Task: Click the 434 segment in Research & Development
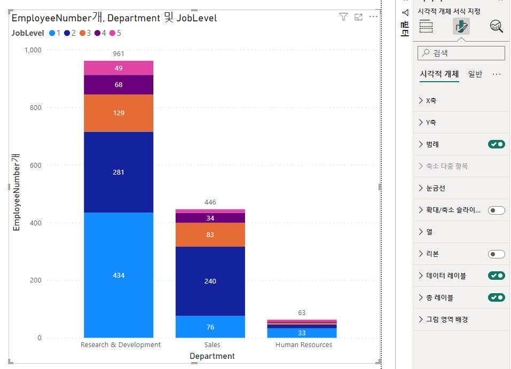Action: click(119, 275)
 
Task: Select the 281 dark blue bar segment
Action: click(119, 172)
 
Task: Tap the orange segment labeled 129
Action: click(119, 113)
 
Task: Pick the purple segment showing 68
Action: click(119, 84)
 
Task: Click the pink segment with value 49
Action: click(119, 68)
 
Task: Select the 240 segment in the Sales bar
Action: click(210, 281)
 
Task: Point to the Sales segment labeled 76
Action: click(210, 327)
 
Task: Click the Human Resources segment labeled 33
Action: click(302, 333)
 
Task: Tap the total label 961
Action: click(119, 54)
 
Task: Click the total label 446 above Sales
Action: click(210, 202)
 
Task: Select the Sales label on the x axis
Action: click(212, 345)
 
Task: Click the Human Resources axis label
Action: click(303, 345)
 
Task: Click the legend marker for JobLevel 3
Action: click(83, 33)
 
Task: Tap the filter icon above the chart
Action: click(343, 17)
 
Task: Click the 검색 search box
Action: click(461, 53)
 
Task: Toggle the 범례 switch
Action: click(496, 144)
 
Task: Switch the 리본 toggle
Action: click(496, 254)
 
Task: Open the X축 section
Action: click(430, 100)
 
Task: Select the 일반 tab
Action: click(475, 74)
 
